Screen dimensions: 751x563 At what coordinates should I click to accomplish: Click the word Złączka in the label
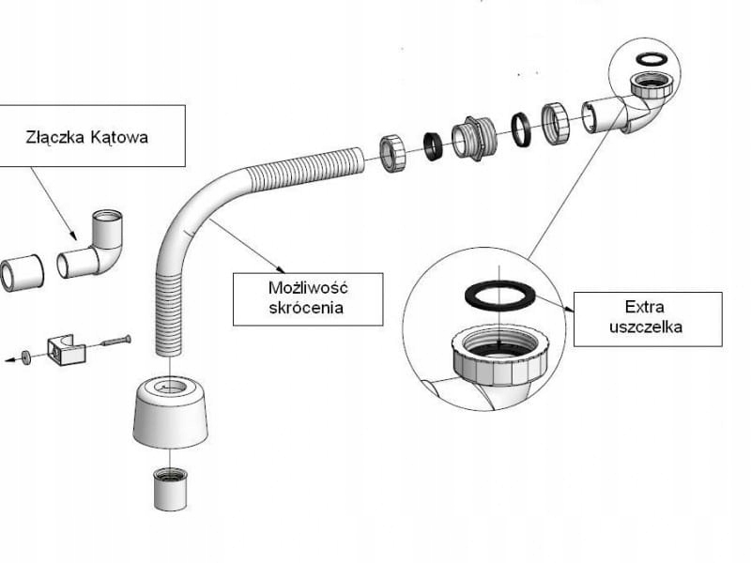tap(55, 137)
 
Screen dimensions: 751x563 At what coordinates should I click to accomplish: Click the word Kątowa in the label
tap(119, 138)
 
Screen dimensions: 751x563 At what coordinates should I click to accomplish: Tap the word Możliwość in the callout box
tap(308, 288)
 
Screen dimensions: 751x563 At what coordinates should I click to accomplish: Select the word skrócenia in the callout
tap(306, 308)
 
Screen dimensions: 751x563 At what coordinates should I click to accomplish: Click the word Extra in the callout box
tap(644, 307)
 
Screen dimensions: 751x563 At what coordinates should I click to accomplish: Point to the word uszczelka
tap(646, 327)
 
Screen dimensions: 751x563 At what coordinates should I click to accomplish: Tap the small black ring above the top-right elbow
tap(651, 59)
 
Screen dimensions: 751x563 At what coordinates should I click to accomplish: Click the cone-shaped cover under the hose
tap(170, 411)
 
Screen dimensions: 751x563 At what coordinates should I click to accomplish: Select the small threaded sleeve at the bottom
tap(170, 488)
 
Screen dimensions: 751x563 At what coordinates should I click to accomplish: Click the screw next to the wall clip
tap(115, 342)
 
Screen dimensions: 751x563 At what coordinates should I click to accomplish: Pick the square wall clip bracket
tap(66, 350)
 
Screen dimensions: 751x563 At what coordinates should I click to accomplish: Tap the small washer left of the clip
tap(25, 357)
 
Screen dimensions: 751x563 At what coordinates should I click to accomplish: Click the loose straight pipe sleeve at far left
tap(23, 271)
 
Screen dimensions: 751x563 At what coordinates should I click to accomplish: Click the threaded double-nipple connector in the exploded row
tap(474, 138)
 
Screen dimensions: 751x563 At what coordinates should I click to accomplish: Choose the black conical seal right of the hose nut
tap(434, 146)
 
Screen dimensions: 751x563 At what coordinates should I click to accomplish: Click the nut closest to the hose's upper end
tap(393, 153)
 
